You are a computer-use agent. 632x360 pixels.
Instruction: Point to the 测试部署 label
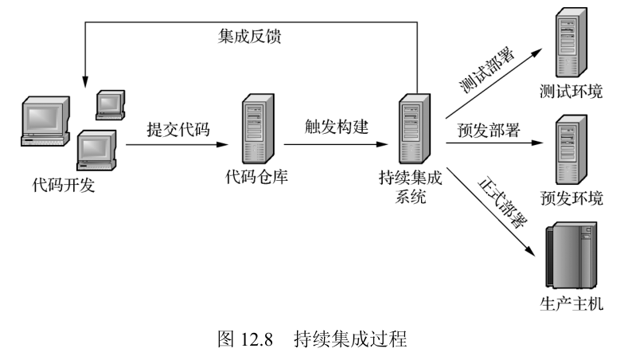tap(486, 71)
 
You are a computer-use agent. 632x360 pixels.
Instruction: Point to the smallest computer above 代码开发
tap(110, 103)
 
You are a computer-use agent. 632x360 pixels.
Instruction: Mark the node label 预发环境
tap(571, 198)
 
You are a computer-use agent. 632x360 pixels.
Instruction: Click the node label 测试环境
tap(571, 92)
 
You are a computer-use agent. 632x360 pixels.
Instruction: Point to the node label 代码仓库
tap(256, 176)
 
